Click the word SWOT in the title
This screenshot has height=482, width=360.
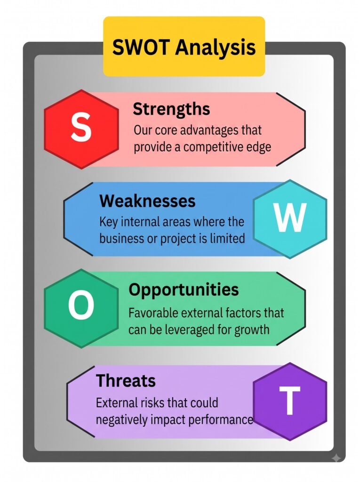141,47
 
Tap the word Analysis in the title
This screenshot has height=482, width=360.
216,48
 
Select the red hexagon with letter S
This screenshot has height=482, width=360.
81,129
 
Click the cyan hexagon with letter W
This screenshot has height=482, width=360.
290,219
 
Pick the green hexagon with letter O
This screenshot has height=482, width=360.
81,308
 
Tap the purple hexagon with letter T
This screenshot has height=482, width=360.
290,401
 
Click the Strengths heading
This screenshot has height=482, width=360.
171,109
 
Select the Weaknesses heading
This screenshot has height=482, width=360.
147,201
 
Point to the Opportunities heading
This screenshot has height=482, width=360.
184,290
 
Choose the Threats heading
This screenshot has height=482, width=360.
126,380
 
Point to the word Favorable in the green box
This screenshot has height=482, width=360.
153,313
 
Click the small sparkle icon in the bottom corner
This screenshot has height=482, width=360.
337,458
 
